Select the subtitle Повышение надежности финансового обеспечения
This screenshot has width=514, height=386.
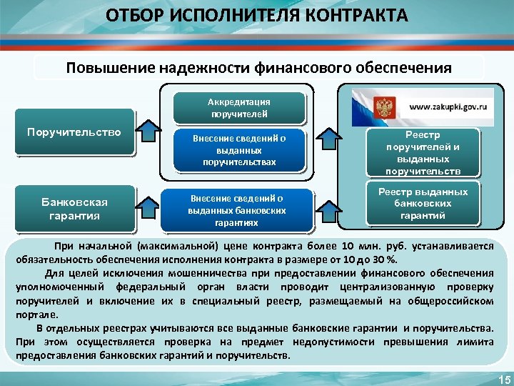pos(258,68)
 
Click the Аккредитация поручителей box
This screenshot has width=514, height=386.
pos(239,108)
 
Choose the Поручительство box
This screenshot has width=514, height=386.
pos(74,132)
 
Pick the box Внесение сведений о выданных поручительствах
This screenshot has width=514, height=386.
pos(239,151)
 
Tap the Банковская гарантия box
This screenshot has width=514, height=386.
pos(74,208)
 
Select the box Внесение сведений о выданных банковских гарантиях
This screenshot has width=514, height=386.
pos(237,210)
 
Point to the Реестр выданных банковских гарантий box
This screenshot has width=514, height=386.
pos(423,204)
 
